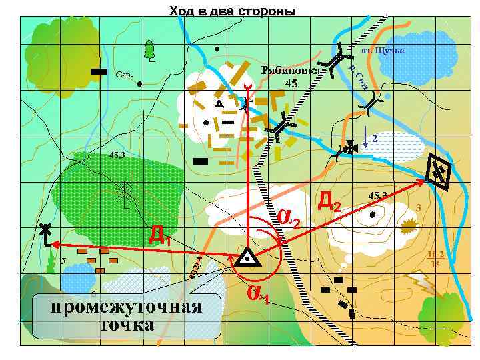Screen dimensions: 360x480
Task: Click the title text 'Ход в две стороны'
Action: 232,11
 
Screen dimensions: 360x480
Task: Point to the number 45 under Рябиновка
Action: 291,84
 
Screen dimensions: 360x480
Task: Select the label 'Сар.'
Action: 125,74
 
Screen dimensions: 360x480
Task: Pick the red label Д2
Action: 330,201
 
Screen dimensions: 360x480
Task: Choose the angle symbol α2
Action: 288,217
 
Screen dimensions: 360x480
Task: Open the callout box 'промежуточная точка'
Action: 127,315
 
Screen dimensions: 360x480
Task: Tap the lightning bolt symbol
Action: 424,283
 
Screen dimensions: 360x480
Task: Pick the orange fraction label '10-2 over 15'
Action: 436,260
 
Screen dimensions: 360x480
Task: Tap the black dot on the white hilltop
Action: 372,215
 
